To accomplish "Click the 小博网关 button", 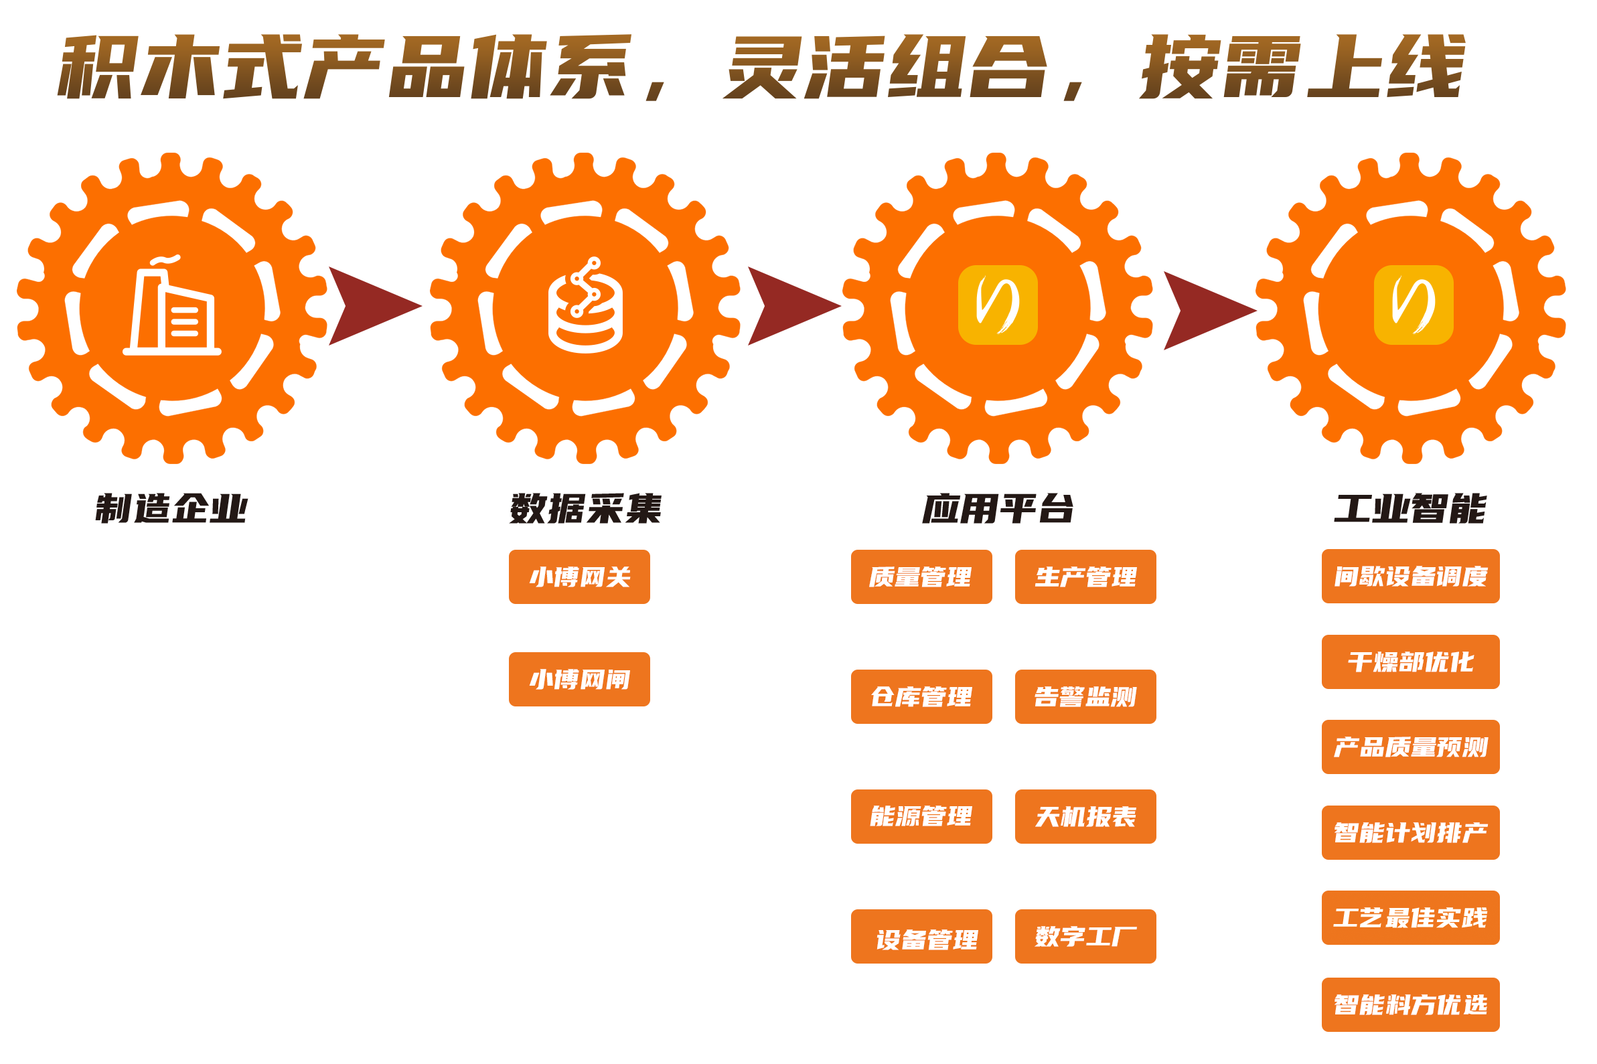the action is tap(579, 577).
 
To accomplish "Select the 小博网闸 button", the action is tap(579, 679).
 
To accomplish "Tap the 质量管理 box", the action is tap(921, 577).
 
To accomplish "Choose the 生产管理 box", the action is tap(1085, 577).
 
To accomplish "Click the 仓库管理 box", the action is tap(921, 697).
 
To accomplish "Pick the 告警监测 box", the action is tap(1085, 697).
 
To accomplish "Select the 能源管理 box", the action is tap(921, 816).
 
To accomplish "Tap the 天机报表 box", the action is tap(1085, 816).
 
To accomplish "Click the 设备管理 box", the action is tap(921, 936).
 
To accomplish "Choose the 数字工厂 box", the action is tap(1085, 936).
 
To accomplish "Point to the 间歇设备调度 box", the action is tap(1410, 576).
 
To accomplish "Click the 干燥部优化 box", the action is tap(1410, 662).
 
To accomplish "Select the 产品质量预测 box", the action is tap(1410, 747).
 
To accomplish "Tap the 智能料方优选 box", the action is tap(1410, 1005).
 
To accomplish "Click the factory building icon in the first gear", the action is tap(171, 305).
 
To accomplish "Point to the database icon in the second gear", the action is tap(585, 305).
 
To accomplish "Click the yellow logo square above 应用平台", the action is tap(997, 305).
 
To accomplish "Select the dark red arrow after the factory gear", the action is tap(375, 306).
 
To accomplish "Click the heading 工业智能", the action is tap(1410, 509).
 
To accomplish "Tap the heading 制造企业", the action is tap(171, 509).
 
